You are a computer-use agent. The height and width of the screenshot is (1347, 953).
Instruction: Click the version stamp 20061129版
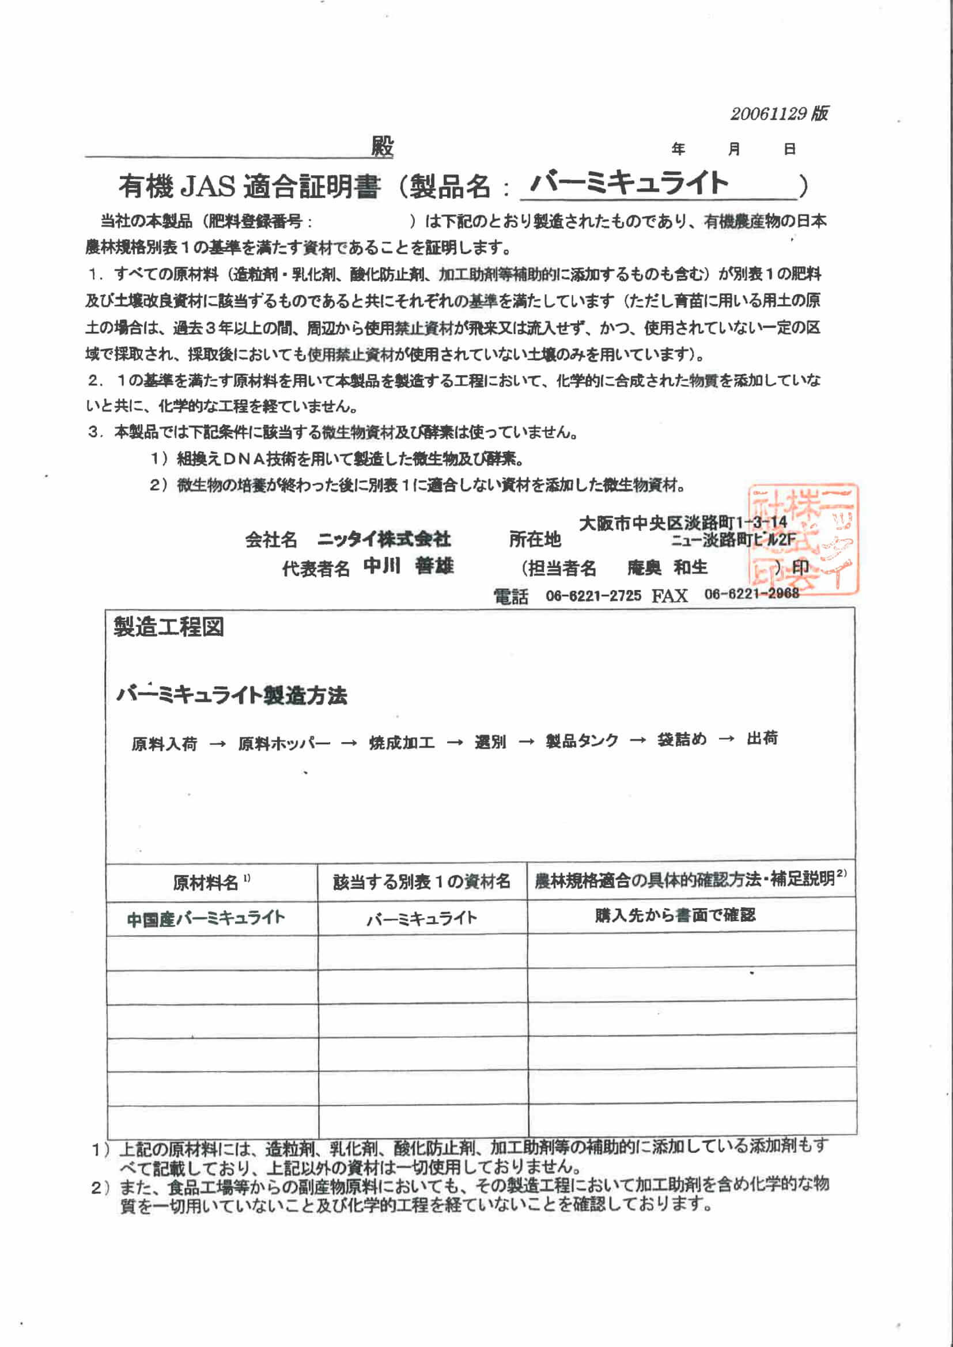779,113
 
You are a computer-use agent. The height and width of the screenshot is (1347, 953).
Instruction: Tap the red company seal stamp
802,538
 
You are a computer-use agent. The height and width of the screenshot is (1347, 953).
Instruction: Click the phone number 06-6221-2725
593,596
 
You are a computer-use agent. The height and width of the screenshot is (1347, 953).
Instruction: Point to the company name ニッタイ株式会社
384,539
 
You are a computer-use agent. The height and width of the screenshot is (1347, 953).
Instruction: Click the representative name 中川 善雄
409,566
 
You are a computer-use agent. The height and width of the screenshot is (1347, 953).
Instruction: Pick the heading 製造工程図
168,628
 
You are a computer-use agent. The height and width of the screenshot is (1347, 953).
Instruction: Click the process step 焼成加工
402,743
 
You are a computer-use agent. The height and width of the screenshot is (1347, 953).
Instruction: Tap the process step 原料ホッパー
284,744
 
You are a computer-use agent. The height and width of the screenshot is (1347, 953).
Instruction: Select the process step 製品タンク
581,741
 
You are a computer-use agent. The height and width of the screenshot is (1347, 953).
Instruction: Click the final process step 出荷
762,739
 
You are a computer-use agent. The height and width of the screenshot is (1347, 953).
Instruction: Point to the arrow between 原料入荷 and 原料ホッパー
218,744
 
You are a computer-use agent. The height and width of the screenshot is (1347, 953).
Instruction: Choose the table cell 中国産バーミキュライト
206,918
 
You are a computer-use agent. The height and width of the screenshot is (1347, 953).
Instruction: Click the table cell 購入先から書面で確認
675,915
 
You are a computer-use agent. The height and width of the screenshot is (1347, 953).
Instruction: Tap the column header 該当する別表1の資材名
421,881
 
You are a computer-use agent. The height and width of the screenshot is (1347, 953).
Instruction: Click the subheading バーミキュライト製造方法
232,696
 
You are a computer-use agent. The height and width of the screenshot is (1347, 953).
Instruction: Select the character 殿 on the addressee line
382,147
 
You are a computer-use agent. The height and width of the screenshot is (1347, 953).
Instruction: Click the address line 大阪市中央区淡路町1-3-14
682,522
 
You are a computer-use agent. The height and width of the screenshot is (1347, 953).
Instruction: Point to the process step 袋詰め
682,740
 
